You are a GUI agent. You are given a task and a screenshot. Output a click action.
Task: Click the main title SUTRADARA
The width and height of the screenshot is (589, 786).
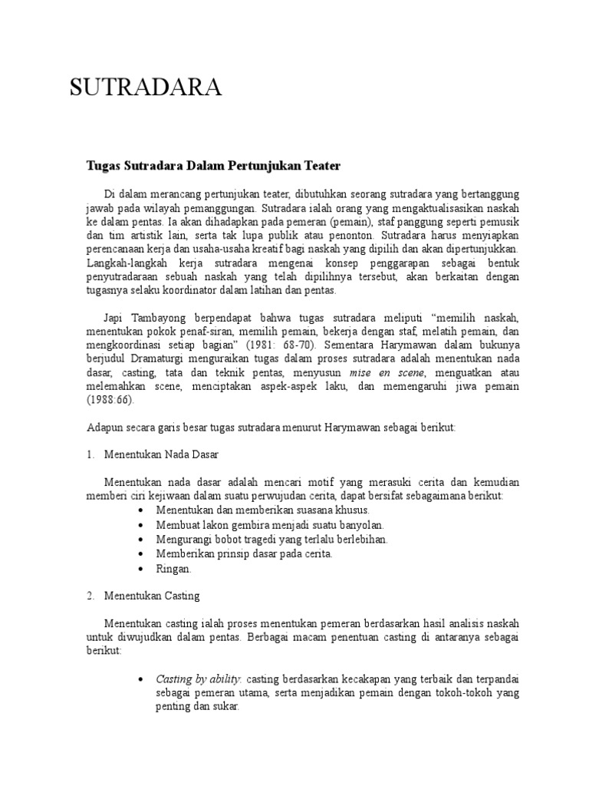pyautogui.click(x=146, y=89)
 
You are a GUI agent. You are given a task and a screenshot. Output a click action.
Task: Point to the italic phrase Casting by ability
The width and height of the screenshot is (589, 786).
pyautogui.click(x=199, y=679)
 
